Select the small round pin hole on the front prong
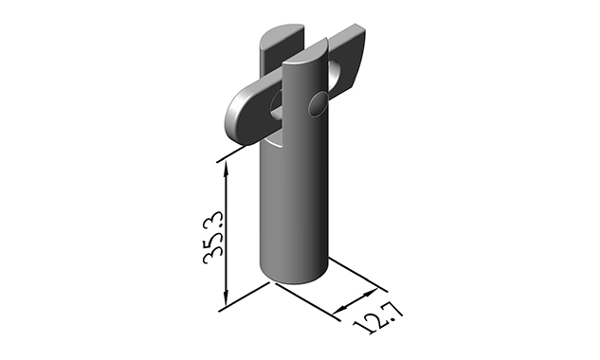317,101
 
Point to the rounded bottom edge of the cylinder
295,279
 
